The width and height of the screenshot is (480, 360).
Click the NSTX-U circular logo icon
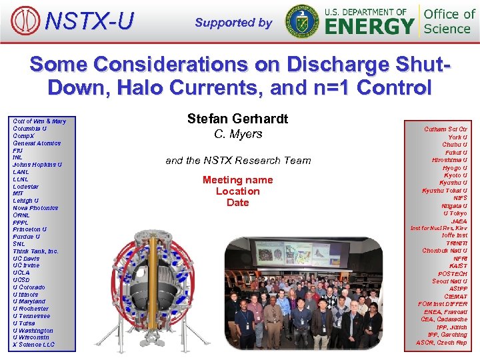(x=25, y=21)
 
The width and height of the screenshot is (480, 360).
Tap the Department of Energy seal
(x=302, y=21)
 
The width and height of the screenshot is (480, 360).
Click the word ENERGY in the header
(x=369, y=27)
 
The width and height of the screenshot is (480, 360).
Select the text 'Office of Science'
(x=449, y=21)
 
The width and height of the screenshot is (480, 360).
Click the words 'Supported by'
(x=233, y=23)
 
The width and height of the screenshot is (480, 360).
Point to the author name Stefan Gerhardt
(x=237, y=119)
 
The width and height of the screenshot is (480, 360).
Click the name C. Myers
(x=238, y=134)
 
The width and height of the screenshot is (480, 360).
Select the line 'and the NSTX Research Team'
(x=238, y=160)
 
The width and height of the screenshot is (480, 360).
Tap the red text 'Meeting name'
(x=237, y=180)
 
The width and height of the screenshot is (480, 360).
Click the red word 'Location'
(x=237, y=191)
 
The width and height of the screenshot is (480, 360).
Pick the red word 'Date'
(x=237, y=203)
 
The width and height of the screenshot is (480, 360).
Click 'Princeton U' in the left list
(x=30, y=229)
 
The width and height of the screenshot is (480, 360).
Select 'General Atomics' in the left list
(x=37, y=143)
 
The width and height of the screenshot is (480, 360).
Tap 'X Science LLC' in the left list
(x=34, y=344)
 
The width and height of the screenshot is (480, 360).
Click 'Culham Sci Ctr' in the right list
(x=445, y=129)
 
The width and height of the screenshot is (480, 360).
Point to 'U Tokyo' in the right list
(x=455, y=213)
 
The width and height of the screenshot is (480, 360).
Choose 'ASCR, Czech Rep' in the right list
(x=441, y=343)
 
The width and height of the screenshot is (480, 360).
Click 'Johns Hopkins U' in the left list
(x=37, y=164)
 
